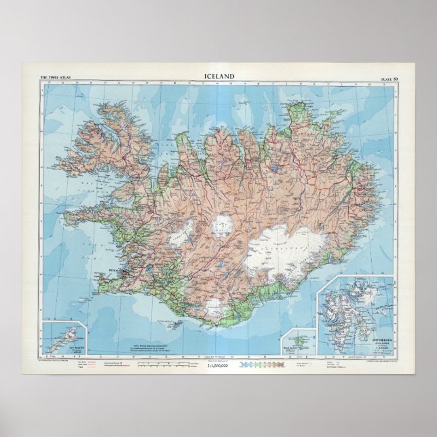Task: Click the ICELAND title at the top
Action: [x=219, y=77]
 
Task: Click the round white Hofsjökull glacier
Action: [x=221, y=223]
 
